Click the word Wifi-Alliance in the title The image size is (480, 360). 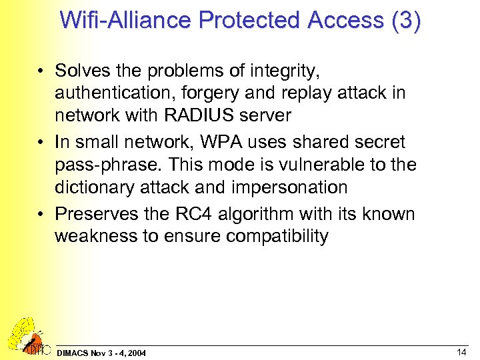point(125,20)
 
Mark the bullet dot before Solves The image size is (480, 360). point(41,71)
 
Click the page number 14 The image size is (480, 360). point(461,351)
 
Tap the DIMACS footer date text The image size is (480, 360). point(101,352)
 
